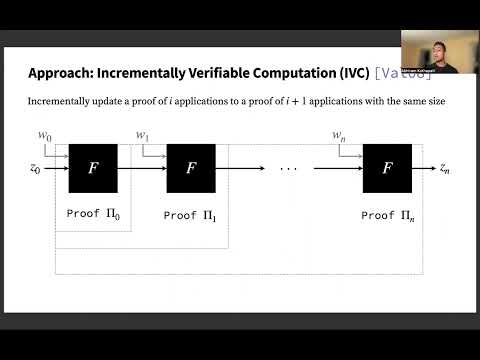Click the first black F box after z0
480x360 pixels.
pos(93,169)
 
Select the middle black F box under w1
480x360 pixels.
pos(191,169)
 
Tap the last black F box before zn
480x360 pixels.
pos(387,169)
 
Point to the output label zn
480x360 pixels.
pos(446,169)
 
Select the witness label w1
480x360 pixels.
pos(142,133)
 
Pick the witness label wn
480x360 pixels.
pos(339,133)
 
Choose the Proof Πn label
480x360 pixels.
pos(388,216)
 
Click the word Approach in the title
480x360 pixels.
pos(60,73)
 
